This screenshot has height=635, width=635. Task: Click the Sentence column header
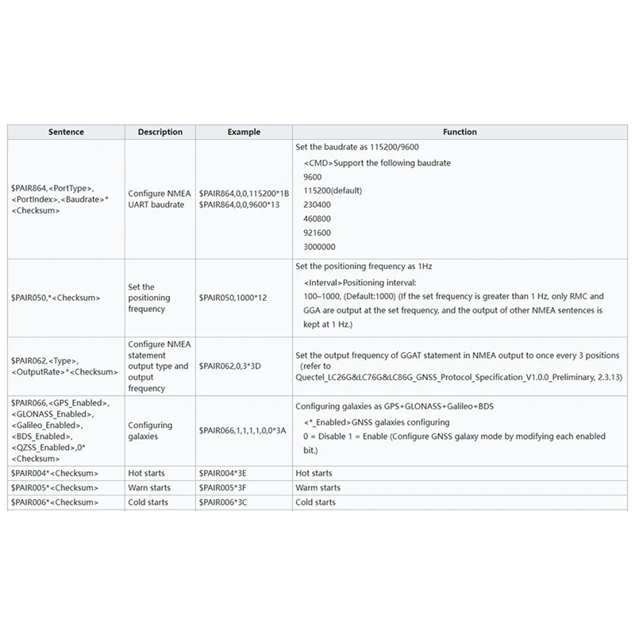[x=66, y=132]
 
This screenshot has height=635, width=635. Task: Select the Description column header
[x=160, y=132]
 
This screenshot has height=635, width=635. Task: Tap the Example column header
[x=244, y=132]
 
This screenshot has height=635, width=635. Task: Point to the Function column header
[x=460, y=132]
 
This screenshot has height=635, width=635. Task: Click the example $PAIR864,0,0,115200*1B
[x=244, y=193]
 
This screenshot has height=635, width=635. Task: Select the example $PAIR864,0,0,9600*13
[x=239, y=205]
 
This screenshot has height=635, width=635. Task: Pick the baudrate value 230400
[x=317, y=204]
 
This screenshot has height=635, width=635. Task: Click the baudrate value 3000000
[x=319, y=247]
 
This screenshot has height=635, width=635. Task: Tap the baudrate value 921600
[x=317, y=233]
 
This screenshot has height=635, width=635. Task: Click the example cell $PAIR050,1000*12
[x=233, y=298]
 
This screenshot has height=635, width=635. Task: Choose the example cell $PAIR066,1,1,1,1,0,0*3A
[x=242, y=429]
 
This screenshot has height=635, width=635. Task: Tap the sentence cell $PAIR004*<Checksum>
[x=55, y=473]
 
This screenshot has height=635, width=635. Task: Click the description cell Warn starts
[x=148, y=487]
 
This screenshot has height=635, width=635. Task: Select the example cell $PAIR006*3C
[x=223, y=502]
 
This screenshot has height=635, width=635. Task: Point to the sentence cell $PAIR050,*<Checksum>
[x=56, y=298]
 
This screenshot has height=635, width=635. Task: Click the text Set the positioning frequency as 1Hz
[x=364, y=267]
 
